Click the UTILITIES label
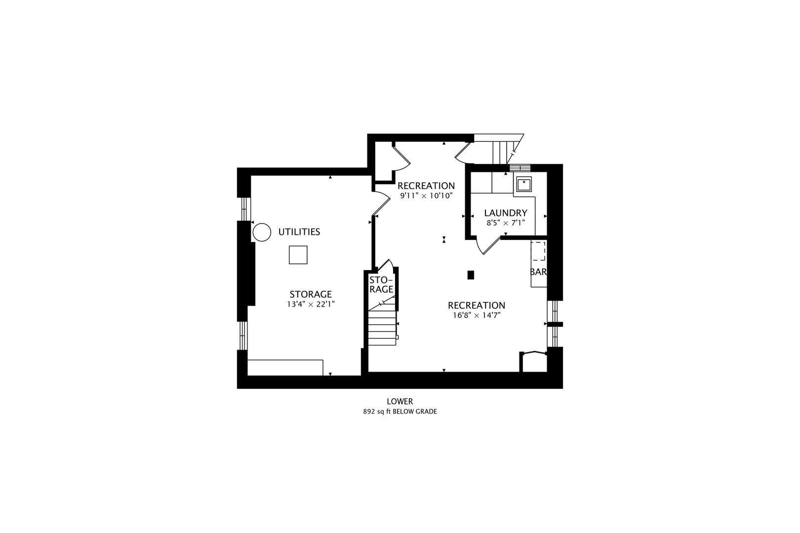coord(299,232)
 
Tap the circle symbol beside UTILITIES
coord(262,232)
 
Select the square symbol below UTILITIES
coord(298,255)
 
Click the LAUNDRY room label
coord(505,213)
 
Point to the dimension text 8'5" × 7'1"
coord(505,223)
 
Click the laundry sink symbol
coord(524,184)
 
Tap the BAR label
coord(538,271)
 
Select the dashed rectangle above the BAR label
coord(539,251)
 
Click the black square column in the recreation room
coord(471,275)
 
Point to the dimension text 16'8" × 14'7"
coord(477,315)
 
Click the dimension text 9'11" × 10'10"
coord(426,195)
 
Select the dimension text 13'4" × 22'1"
coord(311,304)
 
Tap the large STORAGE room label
coord(311,294)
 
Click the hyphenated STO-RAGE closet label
coord(381,285)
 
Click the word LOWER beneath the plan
coord(400,401)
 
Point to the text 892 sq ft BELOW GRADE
coord(400,412)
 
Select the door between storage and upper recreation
coord(381,203)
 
